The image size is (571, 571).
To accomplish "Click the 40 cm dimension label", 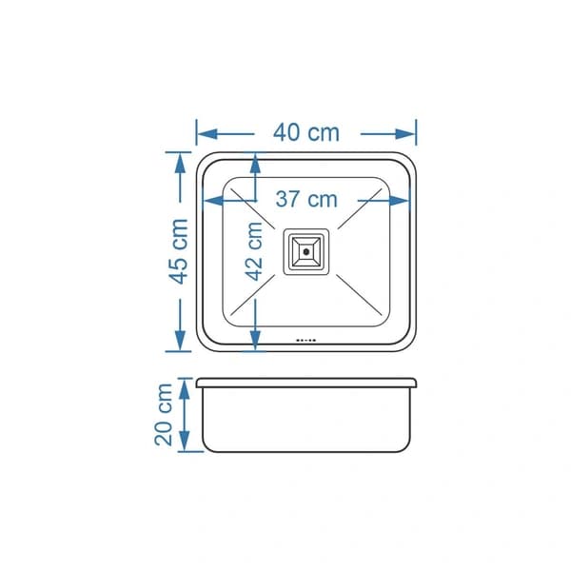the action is [306, 132].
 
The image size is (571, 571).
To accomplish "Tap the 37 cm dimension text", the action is [306, 199].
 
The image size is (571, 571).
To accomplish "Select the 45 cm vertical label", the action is [179, 251].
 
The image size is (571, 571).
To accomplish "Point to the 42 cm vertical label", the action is [254, 251].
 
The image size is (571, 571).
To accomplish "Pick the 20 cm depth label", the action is [163, 414].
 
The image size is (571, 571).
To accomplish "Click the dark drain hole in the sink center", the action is [305, 251].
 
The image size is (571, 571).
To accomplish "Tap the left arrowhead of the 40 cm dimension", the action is [207, 134].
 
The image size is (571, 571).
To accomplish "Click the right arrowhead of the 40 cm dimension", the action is [405, 134].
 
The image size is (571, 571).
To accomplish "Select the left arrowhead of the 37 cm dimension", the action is [213, 200].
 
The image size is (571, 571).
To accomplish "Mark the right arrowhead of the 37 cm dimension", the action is [400, 200].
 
